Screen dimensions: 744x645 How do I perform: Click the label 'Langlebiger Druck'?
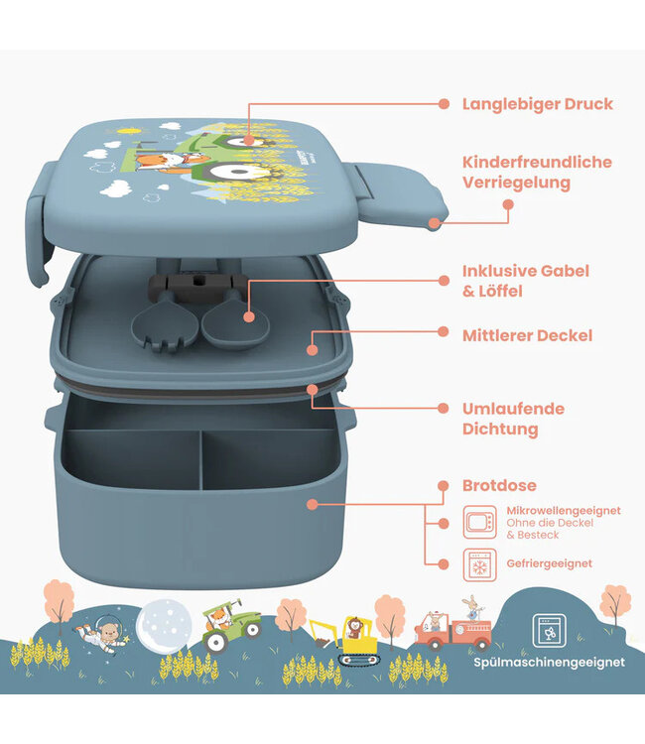pyautogui.click(x=537, y=103)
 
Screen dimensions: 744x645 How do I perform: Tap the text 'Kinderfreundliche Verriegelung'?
pyautogui.click(x=537, y=172)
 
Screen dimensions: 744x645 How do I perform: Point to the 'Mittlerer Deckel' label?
pyautogui.click(x=527, y=335)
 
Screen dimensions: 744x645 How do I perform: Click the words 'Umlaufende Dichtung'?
pyautogui.click(x=513, y=419)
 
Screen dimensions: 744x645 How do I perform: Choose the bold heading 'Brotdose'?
pyautogui.click(x=499, y=485)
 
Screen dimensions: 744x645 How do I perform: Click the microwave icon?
pyautogui.click(x=479, y=520)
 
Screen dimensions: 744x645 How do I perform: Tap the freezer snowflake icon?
pyautogui.click(x=479, y=562)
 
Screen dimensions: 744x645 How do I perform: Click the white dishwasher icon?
pyautogui.click(x=548, y=630)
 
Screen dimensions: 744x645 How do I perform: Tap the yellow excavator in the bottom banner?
pyautogui.click(x=343, y=640)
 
